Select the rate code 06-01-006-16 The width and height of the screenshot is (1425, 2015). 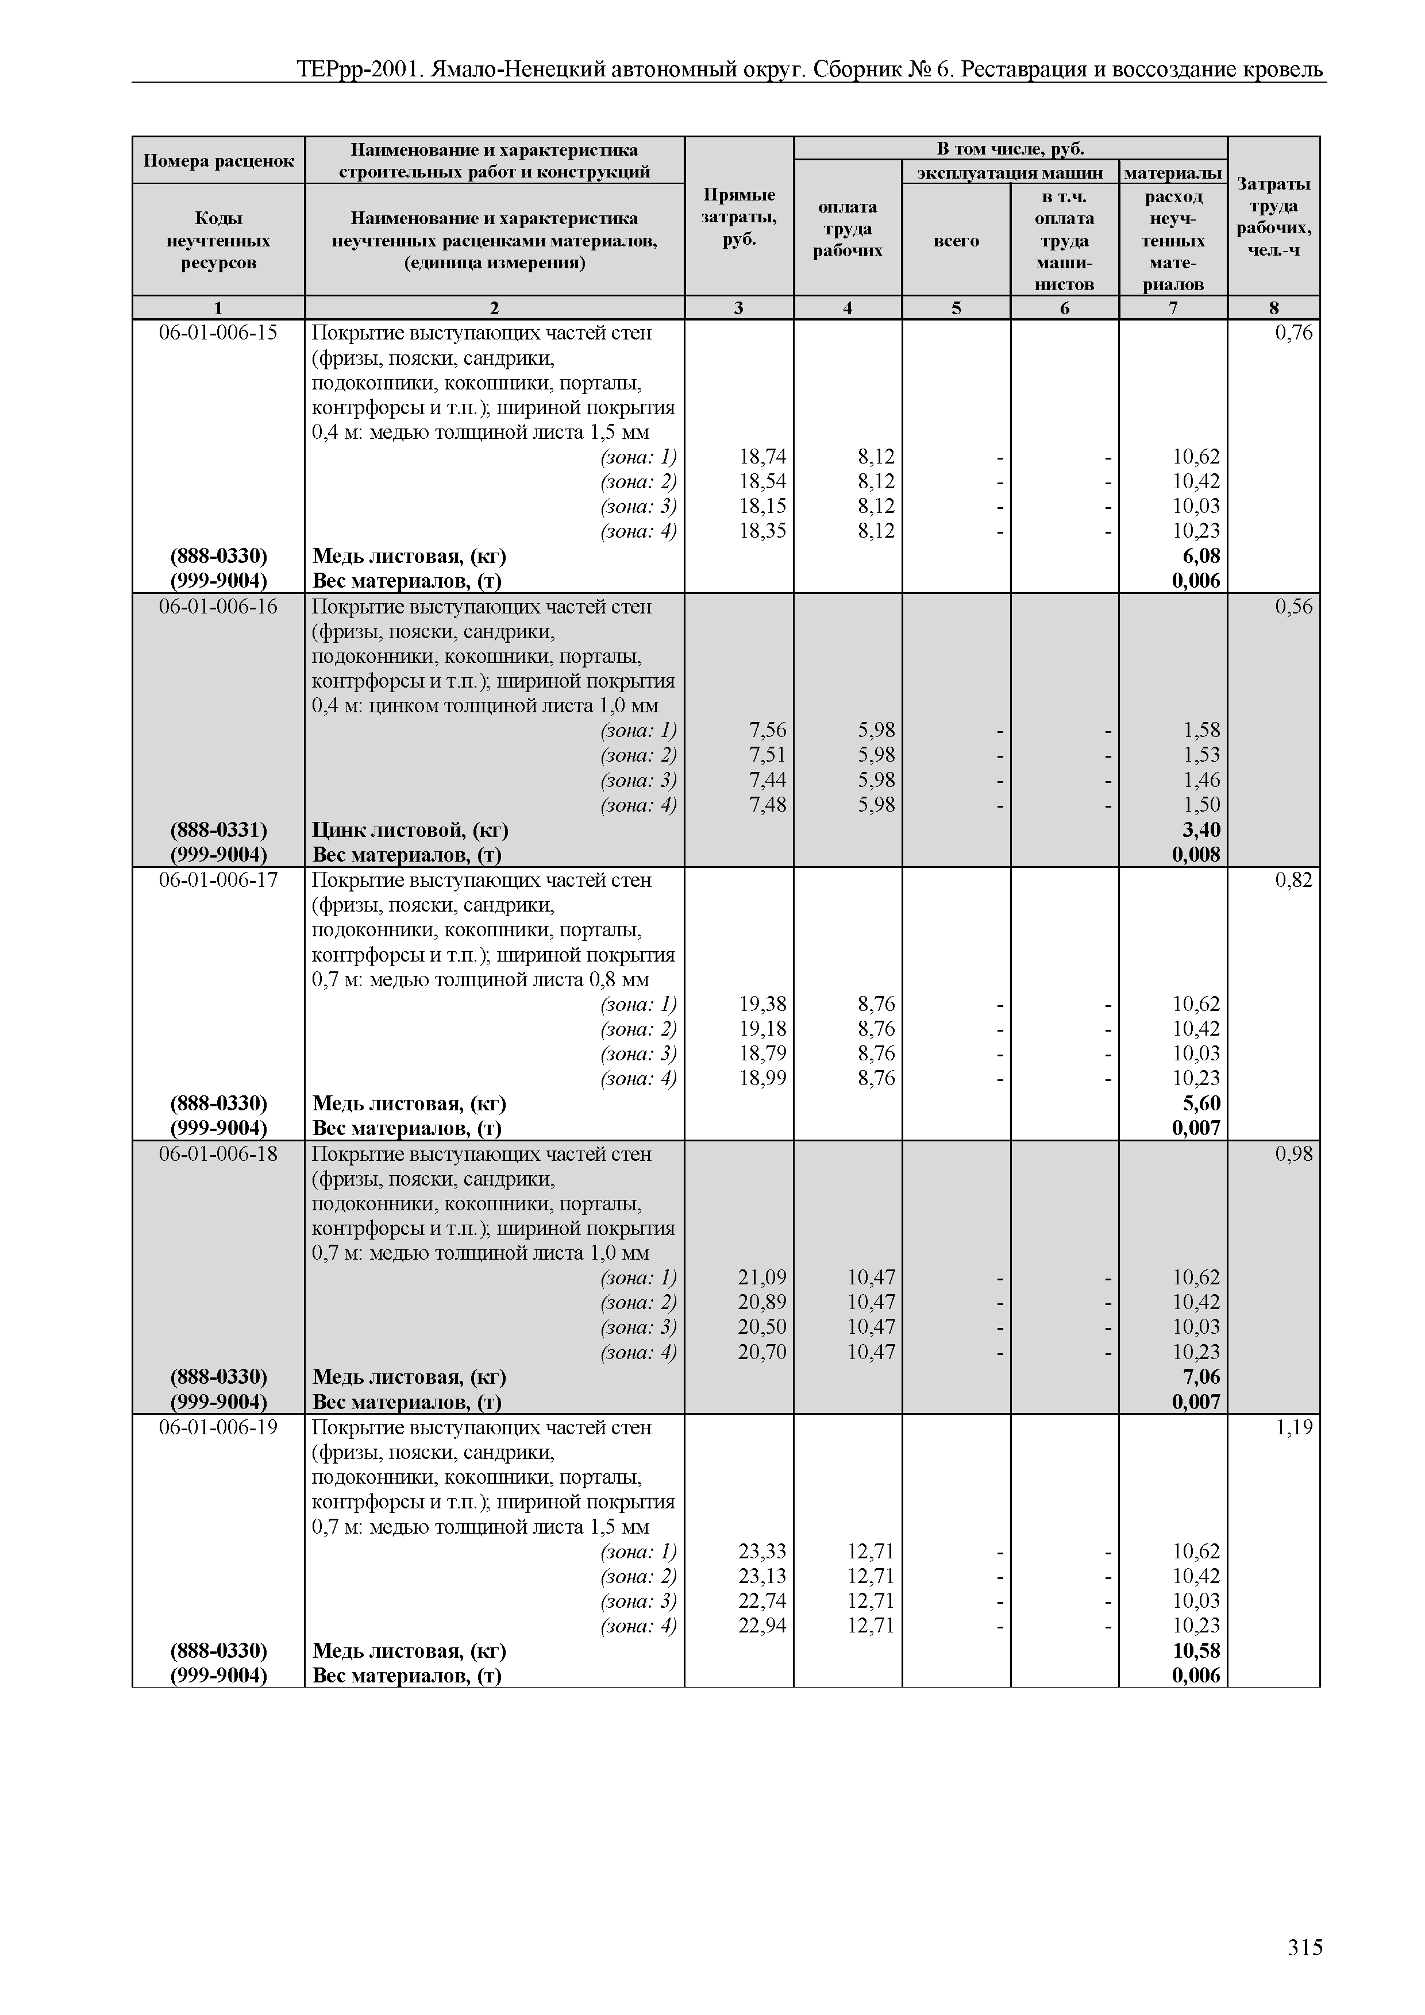pyautogui.click(x=218, y=607)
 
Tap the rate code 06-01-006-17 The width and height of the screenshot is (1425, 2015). pyautogui.click(x=218, y=880)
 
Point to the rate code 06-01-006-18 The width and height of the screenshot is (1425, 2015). pyautogui.click(x=218, y=1154)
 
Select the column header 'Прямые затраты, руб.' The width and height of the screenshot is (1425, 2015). pyautogui.click(x=738, y=217)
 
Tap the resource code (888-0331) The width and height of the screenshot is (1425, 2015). pyautogui.click(x=218, y=830)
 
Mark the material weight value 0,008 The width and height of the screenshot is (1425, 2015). pyautogui.click(x=1196, y=855)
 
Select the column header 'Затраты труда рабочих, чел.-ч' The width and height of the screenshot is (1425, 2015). pyautogui.click(x=1273, y=217)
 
